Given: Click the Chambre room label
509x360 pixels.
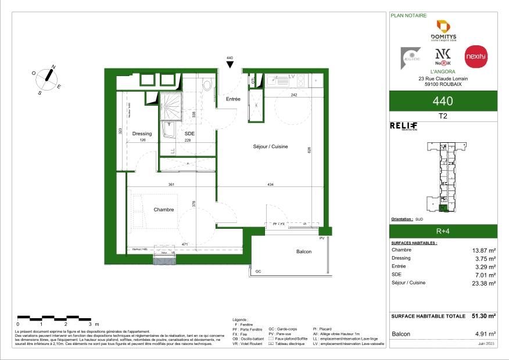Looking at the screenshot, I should coord(163,210).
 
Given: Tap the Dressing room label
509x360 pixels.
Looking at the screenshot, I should coord(142,134).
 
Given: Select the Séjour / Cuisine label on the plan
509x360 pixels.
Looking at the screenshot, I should coord(270,146).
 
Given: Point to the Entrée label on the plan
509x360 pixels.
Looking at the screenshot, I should coord(233,99).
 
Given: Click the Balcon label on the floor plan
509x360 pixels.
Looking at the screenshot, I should coord(303,251).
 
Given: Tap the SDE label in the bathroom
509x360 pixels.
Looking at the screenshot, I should coord(189,134).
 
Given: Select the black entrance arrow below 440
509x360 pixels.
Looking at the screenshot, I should coord(229,65).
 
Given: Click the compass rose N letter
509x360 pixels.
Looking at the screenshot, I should coord(53,67).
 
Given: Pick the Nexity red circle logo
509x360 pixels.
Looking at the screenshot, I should coord(476,56).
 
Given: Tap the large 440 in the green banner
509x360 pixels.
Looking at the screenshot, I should coord(443,101).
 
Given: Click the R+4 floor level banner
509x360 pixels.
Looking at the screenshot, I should coord(443,230).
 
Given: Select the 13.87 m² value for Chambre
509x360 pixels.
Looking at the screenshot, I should coord(483,250).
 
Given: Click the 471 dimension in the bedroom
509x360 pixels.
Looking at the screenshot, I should coord(185,244).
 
